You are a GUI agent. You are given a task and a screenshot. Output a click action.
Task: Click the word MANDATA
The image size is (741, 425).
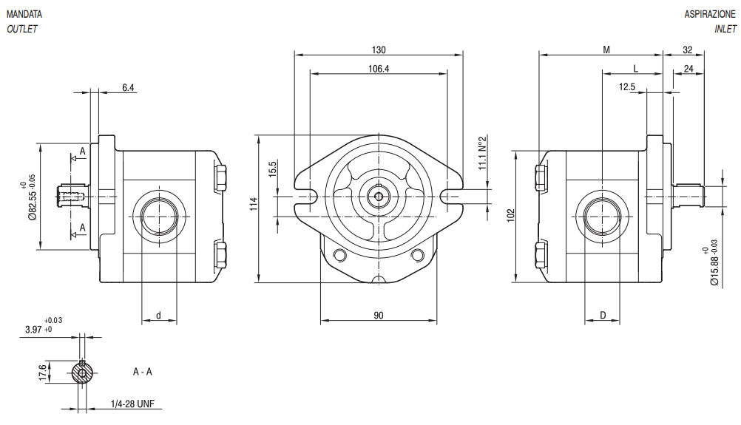click(24, 14)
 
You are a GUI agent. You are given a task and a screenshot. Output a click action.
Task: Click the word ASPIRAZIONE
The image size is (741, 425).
click(710, 14)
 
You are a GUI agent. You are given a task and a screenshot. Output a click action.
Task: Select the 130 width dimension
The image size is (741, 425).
click(379, 50)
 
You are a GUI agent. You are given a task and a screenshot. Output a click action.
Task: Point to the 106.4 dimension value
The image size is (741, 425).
click(379, 69)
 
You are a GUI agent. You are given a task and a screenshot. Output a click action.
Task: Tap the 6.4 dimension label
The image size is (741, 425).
click(128, 87)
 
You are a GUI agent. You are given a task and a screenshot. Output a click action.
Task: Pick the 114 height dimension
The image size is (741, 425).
click(254, 203)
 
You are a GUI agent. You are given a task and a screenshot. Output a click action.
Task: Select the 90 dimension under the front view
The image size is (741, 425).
click(379, 316)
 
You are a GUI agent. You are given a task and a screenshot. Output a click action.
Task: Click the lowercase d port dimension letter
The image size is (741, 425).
click(159, 316)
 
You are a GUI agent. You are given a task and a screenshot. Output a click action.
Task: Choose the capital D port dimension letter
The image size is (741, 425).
click(603, 316)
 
